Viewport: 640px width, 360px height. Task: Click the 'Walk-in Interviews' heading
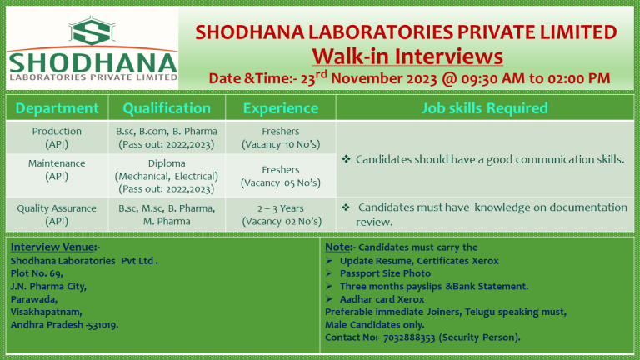pyautogui.click(x=407, y=56)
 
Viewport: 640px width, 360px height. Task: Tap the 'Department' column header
pyautogui.click(x=57, y=108)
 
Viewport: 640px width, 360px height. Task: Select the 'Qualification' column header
pyautogui.click(x=167, y=108)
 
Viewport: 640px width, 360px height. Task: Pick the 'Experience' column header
pyautogui.click(x=282, y=108)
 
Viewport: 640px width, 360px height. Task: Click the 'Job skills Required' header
pyautogui.click(x=486, y=108)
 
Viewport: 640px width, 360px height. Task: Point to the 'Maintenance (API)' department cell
pyautogui.click(x=57, y=170)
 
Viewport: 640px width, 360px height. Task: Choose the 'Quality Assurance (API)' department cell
pyautogui.click(x=57, y=214)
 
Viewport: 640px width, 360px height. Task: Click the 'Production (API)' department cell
pyautogui.click(x=57, y=137)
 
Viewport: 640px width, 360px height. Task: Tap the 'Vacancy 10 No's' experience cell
pyautogui.click(x=282, y=144)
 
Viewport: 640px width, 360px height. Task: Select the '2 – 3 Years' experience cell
pyautogui.click(x=282, y=207)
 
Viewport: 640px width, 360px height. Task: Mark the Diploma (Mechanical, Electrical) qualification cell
pyautogui.click(x=167, y=176)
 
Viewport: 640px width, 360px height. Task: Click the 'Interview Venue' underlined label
pyautogui.click(x=54, y=247)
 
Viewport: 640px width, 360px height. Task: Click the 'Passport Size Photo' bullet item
pyautogui.click(x=385, y=273)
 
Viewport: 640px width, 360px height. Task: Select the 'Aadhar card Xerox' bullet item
pyautogui.click(x=382, y=298)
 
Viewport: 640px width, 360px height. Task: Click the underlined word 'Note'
pyautogui.click(x=337, y=247)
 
